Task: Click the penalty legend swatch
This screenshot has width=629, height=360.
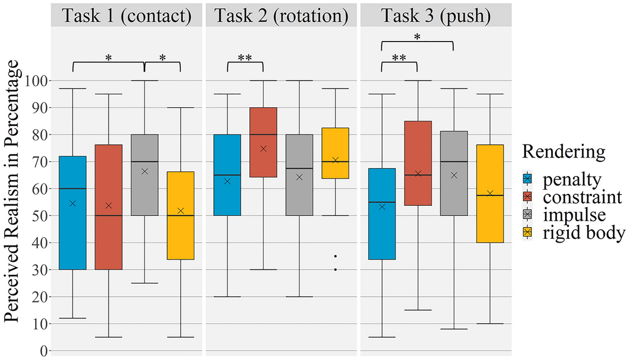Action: tap(527, 180)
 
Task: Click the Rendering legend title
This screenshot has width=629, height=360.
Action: tap(563, 152)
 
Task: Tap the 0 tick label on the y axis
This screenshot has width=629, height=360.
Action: tap(44, 351)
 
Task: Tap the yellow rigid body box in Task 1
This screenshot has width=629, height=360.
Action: tap(180, 224)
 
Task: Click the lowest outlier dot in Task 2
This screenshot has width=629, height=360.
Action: tap(335, 270)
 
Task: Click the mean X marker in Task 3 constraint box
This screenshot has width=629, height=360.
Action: tap(418, 174)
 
